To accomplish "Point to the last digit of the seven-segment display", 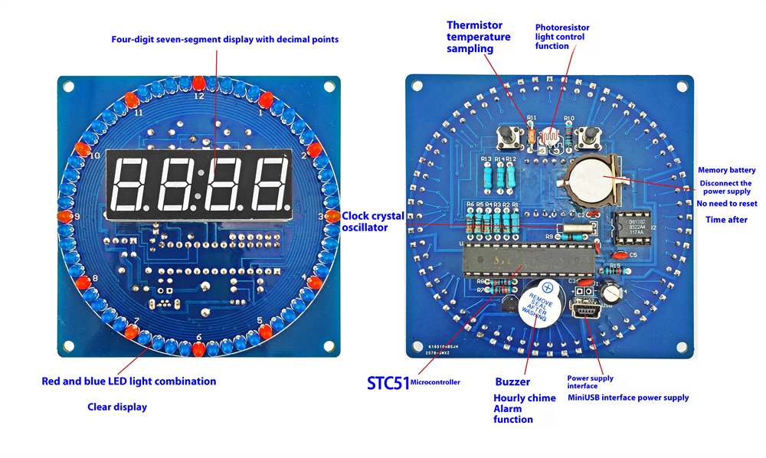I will coord(268,180).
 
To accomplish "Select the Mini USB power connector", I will coord(588,313).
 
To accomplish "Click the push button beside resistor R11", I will coord(506,137).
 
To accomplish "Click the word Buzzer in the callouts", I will coord(512,381).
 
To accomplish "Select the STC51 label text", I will coord(388,381).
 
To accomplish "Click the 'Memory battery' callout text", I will coord(726,170).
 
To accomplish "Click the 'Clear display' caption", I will coord(117,407).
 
